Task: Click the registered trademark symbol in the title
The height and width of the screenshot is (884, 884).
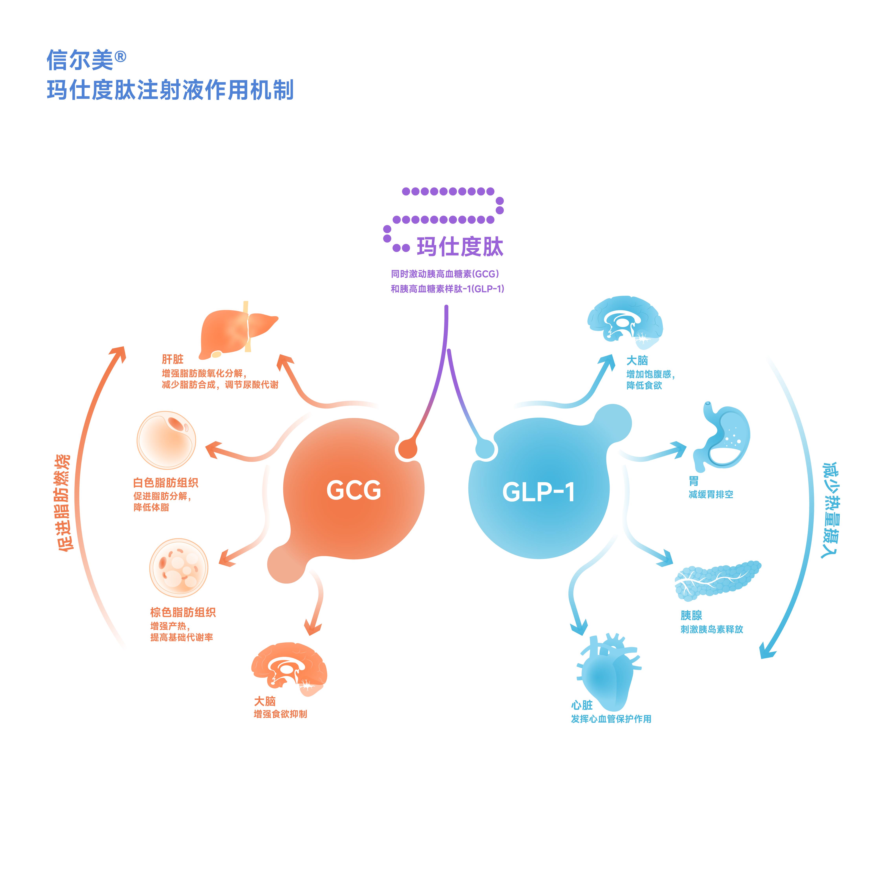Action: (120, 57)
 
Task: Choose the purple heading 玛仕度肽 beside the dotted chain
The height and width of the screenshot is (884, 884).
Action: (460, 247)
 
